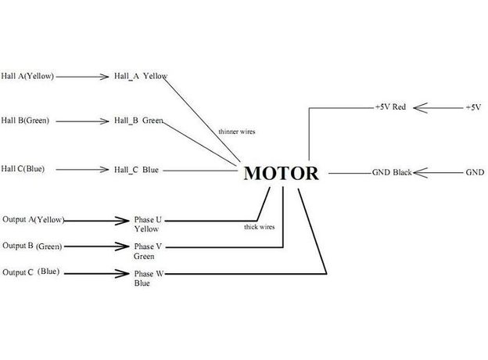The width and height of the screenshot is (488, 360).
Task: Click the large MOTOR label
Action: [x=282, y=173]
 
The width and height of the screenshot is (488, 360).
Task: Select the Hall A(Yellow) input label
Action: [x=27, y=77]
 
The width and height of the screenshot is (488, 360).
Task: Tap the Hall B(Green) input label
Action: [x=25, y=121]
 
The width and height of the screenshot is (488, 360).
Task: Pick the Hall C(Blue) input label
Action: [x=23, y=168]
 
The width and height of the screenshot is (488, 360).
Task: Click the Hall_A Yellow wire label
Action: [x=141, y=77]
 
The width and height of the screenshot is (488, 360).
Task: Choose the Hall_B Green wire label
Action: [x=138, y=121]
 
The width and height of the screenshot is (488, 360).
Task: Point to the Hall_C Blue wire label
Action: [x=136, y=169]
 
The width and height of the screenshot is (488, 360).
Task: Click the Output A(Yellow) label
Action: [x=34, y=220]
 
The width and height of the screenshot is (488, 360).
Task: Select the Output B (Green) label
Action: [x=31, y=247]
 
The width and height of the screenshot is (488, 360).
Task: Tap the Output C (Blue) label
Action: [x=31, y=272]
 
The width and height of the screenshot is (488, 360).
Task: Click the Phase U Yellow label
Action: [x=148, y=225]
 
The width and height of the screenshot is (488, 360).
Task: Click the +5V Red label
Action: [x=390, y=106]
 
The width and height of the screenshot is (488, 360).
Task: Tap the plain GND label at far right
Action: [x=475, y=171]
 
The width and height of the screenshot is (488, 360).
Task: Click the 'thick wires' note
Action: [x=258, y=227]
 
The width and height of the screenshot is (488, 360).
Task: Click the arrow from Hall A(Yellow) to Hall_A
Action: [x=82, y=77]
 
